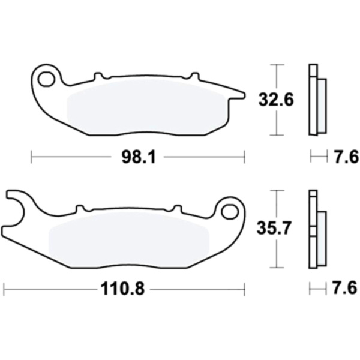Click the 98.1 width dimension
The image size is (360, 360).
(139, 157)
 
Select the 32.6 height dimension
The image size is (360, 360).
(276, 100)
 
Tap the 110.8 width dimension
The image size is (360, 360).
(123, 289)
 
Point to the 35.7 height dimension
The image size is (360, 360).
(274, 228)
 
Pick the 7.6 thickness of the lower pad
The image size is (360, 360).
(345, 288)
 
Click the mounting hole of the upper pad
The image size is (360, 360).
(47, 79)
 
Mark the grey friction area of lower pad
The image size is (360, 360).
(129, 240)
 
